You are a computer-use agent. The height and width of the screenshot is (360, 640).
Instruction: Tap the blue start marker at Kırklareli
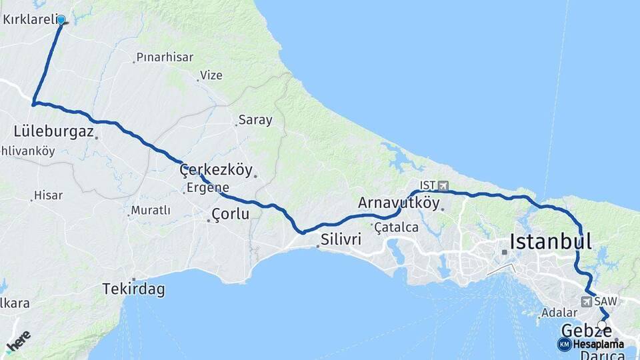(61, 20)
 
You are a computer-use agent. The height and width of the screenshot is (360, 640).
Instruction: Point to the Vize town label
(211, 75)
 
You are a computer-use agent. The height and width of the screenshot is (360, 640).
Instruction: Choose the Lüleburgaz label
(53, 131)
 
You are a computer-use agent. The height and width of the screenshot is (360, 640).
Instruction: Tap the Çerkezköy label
(216, 170)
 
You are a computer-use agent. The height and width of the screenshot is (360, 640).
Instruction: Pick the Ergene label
(208, 188)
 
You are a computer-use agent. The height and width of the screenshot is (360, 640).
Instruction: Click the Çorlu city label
(230, 215)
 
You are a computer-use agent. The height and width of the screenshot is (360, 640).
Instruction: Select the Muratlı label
(151, 211)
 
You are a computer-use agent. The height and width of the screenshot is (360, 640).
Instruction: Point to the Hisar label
(49, 195)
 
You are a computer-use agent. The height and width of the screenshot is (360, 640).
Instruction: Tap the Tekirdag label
(133, 289)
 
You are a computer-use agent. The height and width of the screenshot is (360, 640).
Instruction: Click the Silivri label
(341, 239)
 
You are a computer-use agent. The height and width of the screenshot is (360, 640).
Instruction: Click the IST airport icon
(443, 185)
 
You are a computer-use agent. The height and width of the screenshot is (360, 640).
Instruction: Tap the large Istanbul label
(551, 241)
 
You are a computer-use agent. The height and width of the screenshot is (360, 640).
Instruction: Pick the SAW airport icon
(587, 301)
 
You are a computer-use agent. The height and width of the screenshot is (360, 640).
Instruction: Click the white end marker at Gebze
(601, 325)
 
